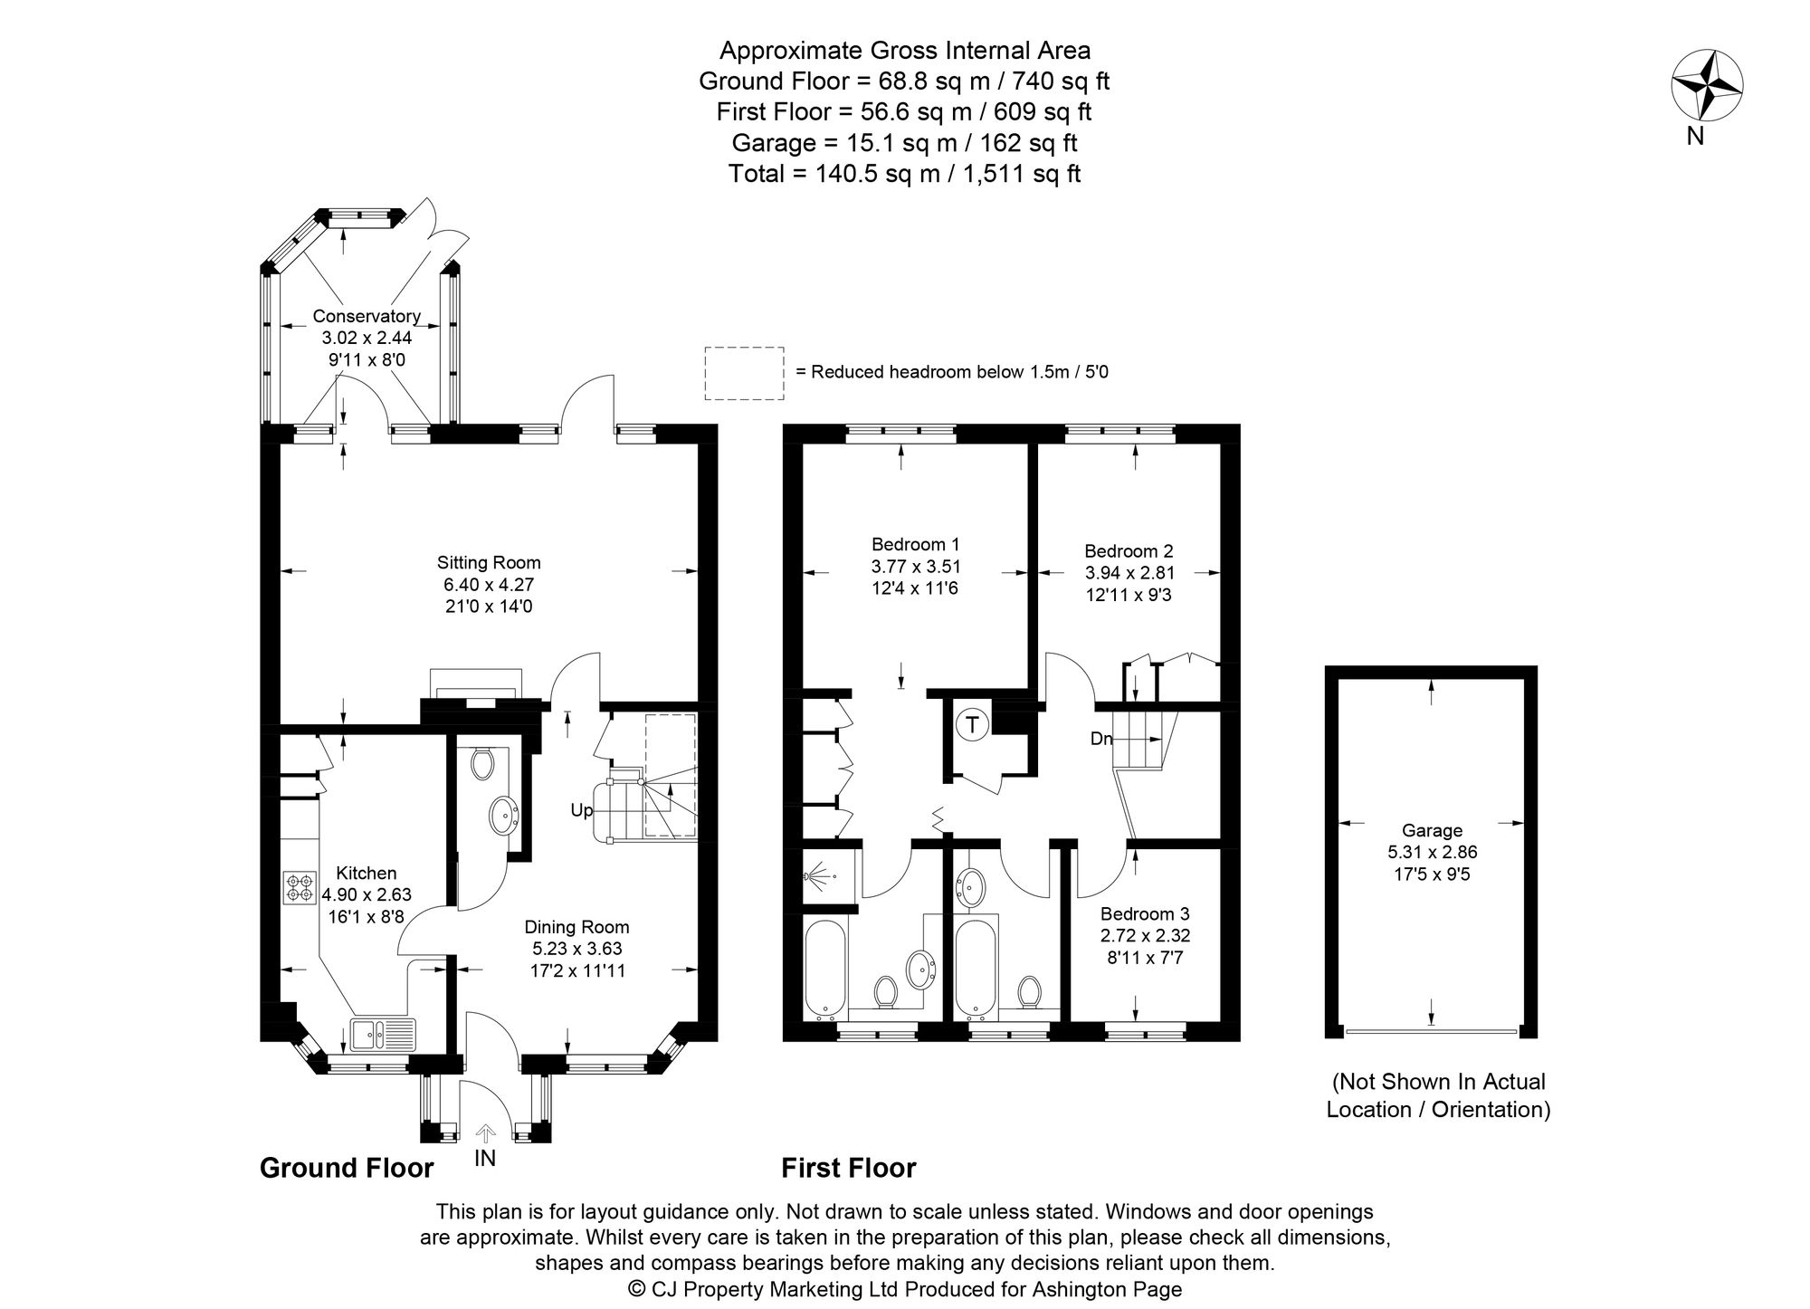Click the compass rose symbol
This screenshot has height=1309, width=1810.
1707,86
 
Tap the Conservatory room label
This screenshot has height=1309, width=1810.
367,316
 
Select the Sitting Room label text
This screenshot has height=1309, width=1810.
489,562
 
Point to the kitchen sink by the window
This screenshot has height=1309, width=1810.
383,1033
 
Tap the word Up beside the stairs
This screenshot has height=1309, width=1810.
582,810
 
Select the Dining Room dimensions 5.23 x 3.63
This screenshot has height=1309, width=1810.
577,949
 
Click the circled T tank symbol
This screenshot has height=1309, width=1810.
973,725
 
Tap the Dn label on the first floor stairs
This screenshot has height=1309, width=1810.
1101,739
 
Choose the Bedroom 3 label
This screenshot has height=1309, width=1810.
1145,914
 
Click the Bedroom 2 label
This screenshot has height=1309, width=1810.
1129,550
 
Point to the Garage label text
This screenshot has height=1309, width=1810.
1432,830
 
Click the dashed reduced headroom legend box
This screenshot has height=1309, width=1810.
744,372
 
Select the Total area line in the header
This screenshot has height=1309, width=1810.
904,174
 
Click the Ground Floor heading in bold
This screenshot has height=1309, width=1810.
347,1168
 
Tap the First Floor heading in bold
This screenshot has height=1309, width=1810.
848,1168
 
